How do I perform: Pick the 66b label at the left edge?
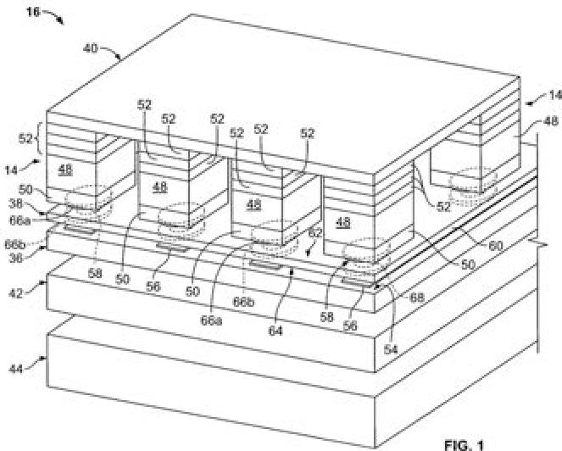[15, 244]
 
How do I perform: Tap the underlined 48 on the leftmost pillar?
[65, 170]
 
